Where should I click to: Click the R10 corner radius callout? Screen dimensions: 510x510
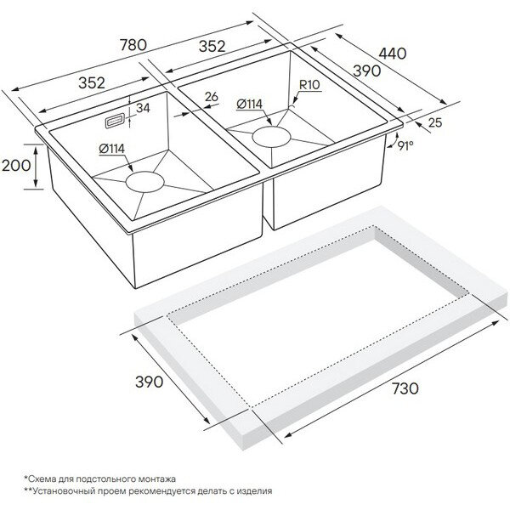[310, 85]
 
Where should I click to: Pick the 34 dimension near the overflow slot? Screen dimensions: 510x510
[142, 107]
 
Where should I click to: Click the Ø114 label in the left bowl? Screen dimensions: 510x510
[112, 149]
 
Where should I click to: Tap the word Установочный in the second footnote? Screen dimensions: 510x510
[67, 490]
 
